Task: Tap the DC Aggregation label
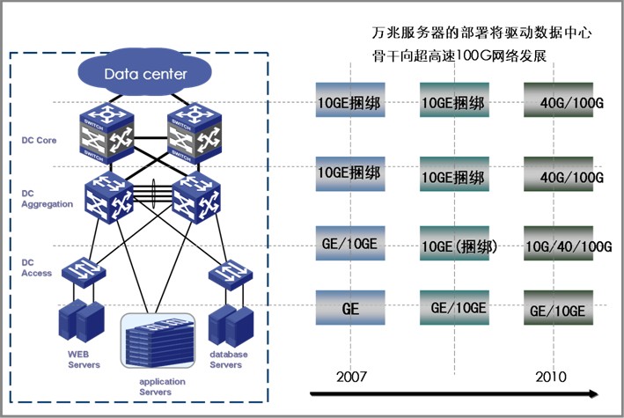[x=48, y=195]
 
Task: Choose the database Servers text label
[x=229, y=359]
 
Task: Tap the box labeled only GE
[x=350, y=310]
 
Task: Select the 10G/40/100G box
[x=567, y=247]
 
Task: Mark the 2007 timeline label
[x=351, y=377]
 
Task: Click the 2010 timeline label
[x=552, y=377]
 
